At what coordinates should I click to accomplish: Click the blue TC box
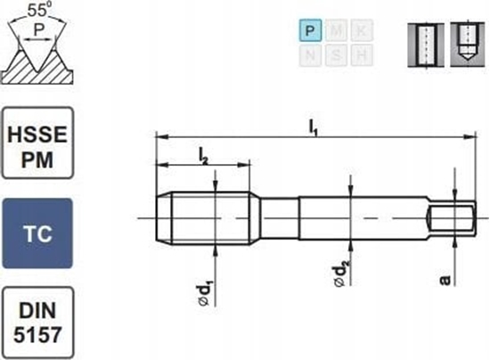point(37,233)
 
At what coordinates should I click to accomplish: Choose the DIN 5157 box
point(37,321)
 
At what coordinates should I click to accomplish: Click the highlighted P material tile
point(310,31)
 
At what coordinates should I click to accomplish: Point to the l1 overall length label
point(314,127)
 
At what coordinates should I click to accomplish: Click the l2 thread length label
point(203,157)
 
